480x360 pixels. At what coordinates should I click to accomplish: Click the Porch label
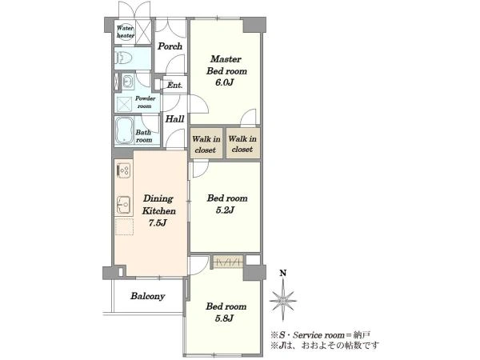pos(170,46)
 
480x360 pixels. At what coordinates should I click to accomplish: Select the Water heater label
pos(126,32)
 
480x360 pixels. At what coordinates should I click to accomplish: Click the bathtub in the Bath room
pos(125,130)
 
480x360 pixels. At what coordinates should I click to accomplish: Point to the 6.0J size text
pos(225,82)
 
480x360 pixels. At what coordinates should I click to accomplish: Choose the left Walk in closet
pos(206,143)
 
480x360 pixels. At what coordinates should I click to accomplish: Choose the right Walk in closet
pos(242,143)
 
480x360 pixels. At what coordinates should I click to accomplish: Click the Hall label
pos(174,118)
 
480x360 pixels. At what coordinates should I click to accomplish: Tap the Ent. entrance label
pos(174,85)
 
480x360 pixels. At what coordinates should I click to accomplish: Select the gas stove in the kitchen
pos(124,171)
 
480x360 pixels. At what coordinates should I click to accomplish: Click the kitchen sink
pos(124,204)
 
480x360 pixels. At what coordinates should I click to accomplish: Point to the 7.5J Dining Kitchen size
pos(158,222)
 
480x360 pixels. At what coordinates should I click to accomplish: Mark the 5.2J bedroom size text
pos(225,210)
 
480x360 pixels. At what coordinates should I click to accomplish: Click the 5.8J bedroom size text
pos(224,318)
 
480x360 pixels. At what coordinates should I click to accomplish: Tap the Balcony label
pos(148,296)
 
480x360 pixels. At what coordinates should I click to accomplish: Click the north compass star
pos(283,300)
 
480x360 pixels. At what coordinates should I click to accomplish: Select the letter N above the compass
pos(283,273)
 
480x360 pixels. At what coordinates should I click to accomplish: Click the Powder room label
pos(145,102)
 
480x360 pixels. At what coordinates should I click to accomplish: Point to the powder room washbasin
pos(127,82)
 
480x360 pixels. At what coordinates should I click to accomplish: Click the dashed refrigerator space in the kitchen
pos(124,226)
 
